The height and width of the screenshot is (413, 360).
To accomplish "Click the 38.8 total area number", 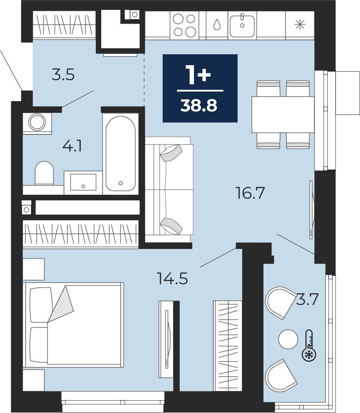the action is tap(199, 106).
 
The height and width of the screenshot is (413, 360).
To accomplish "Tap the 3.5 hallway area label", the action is tap(63, 75).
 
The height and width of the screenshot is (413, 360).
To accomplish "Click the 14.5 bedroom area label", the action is tap(172, 279).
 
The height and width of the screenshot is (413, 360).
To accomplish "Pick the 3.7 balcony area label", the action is tap(307, 299).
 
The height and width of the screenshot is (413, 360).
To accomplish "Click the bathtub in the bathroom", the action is tap(121, 154).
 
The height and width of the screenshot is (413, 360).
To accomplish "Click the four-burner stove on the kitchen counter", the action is tap(184, 25).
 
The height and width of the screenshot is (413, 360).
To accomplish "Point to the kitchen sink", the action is tap(242, 26).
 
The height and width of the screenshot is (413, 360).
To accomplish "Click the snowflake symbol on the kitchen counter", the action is tap(300, 25).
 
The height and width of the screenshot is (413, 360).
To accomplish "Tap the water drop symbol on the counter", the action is tap(217, 25).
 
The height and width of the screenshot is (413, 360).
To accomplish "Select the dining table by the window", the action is tap(283, 114).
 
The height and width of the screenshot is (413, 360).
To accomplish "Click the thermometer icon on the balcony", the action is tap(309, 345).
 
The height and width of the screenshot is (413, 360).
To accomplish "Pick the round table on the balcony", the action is tap(288, 339).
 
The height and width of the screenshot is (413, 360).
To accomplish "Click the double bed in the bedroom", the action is tap(73, 325).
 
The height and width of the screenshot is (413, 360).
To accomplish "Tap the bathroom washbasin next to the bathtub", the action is tap(83, 182).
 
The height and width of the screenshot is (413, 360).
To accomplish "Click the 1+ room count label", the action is tap(198, 75).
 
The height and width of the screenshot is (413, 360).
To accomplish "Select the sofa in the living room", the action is tap(169, 189).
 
